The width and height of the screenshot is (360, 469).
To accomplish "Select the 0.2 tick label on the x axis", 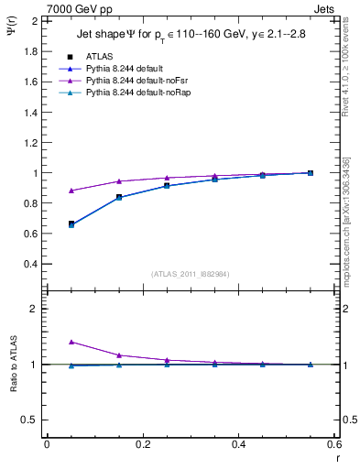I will pyautogui.click(x=142, y=444).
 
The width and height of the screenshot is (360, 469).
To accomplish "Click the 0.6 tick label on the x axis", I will pyautogui.click(x=333, y=444).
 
